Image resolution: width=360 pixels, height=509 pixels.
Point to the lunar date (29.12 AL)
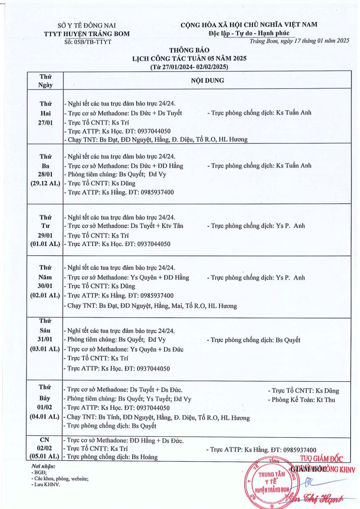coord(45,183)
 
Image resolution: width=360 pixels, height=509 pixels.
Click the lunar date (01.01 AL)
coord(45,244)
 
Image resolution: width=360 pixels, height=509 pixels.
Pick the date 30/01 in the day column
coord(45,286)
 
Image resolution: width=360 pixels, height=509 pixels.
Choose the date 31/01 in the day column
coord(45,339)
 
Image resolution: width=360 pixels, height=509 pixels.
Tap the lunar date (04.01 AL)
coord(45,416)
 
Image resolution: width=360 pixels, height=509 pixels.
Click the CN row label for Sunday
coord(45,440)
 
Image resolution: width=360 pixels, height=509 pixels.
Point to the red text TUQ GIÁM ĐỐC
coord(321,458)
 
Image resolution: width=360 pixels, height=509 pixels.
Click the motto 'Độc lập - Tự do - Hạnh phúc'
coord(249,33)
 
